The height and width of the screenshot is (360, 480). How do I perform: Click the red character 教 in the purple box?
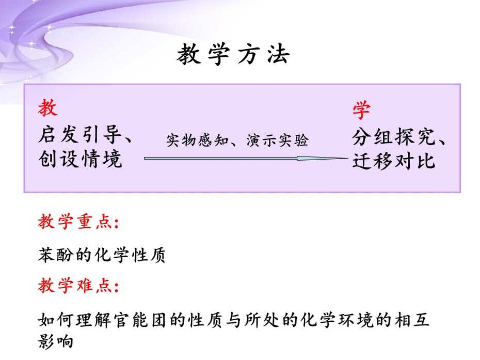tap(48, 107)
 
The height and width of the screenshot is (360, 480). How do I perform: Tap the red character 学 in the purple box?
tap(361, 110)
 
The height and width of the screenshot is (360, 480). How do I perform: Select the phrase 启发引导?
tap(79, 135)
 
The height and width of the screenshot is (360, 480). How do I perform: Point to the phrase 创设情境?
tap(80, 159)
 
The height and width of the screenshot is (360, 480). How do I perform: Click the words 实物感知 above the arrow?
tap(198, 140)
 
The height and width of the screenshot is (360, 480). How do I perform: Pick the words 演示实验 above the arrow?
tap(277, 140)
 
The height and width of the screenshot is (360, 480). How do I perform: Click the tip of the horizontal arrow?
tap(348, 159)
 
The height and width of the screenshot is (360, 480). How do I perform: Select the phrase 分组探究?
tap(393, 137)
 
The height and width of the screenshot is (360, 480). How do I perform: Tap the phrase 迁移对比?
tap(394, 161)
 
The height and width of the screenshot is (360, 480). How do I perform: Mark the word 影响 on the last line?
tap(56, 341)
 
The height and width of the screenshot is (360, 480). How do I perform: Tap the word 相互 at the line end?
tap(412, 320)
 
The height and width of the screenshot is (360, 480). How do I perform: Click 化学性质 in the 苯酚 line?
tap(130, 255)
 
